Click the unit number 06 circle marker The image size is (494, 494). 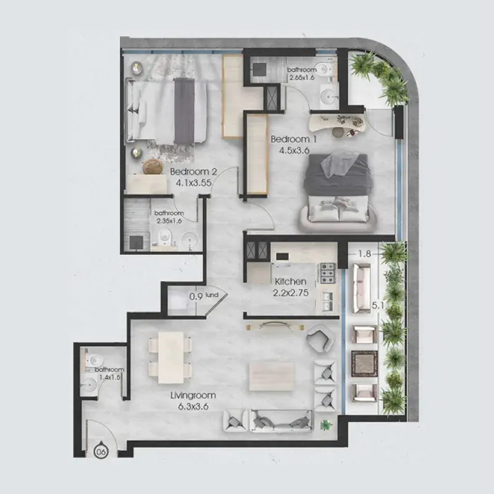pyautogui.click(x=101, y=452)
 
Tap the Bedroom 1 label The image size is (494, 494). pyautogui.click(x=294, y=140)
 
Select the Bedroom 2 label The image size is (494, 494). pyautogui.click(x=193, y=172)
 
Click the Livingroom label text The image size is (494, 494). pyautogui.click(x=193, y=395)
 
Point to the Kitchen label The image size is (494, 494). pyautogui.click(x=290, y=282)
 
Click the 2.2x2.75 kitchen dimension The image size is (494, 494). pyautogui.click(x=290, y=293)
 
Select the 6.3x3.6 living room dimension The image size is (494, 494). pyautogui.click(x=193, y=407)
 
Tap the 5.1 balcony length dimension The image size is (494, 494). pyautogui.click(x=378, y=305)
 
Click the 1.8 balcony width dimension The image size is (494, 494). pyautogui.click(x=364, y=254)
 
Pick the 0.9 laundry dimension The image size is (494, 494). pyautogui.click(x=196, y=297)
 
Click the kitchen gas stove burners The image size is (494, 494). pyautogui.click(x=328, y=273)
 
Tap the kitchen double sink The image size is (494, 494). pyautogui.click(x=328, y=301)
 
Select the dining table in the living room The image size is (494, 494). pyautogui.click(x=171, y=358)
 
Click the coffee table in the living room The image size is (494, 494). pyautogui.click(x=272, y=376)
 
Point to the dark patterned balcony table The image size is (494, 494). pyautogui.click(x=364, y=364)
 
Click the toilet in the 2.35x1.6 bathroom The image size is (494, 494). pyautogui.click(x=164, y=237)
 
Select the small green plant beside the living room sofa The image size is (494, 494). pyautogui.click(x=326, y=425)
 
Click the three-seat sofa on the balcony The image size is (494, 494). pyautogui.click(x=361, y=288)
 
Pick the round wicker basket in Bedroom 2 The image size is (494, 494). pyautogui.click(x=153, y=166)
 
